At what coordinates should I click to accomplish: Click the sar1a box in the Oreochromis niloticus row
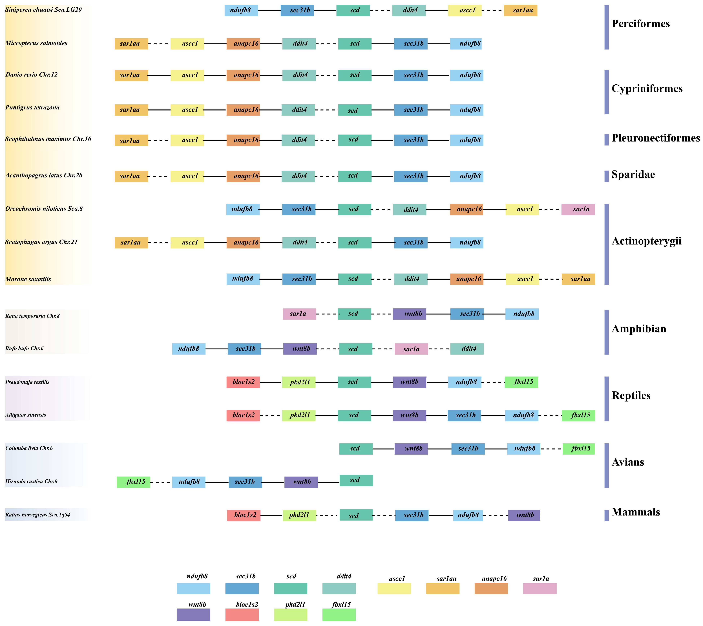(x=578, y=210)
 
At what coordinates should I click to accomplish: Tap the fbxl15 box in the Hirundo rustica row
(x=133, y=482)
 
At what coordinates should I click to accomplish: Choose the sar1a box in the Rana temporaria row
(x=299, y=314)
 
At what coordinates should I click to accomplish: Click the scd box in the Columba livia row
(x=356, y=449)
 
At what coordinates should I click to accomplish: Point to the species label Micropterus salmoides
(x=36, y=43)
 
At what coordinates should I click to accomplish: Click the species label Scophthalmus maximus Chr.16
(x=48, y=139)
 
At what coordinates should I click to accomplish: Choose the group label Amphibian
(x=639, y=329)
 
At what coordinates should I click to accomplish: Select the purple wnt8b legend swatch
(x=193, y=615)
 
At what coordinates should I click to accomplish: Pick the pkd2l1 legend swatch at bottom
(x=290, y=615)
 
